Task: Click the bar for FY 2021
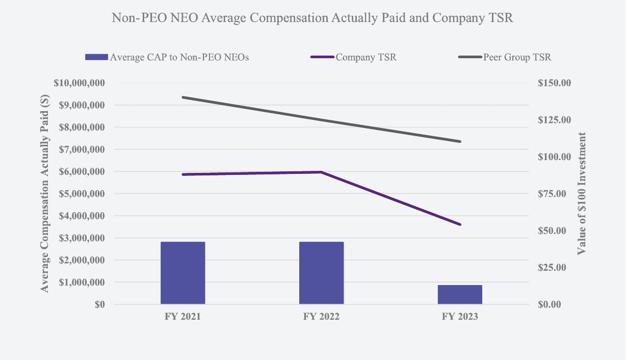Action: click(182, 273)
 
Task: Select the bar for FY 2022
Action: click(321, 273)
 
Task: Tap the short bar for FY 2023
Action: click(460, 294)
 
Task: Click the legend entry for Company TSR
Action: click(366, 57)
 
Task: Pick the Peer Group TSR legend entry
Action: click(517, 57)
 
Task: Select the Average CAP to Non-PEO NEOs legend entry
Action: click(179, 57)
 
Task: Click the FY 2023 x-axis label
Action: click(460, 317)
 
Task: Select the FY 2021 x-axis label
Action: click(182, 317)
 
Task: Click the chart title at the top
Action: click(312, 18)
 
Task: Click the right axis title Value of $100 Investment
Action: click(581, 194)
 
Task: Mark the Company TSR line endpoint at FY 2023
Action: click(460, 224)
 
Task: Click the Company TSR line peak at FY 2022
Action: click(321, 172)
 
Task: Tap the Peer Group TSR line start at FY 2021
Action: click(182, 97)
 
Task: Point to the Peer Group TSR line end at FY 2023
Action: click(460, 141)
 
